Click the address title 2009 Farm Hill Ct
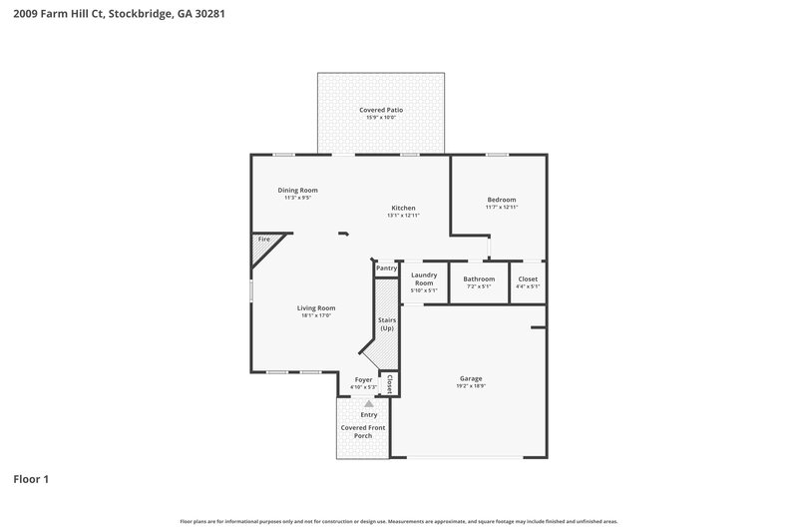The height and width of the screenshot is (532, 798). click(x=111, y=16)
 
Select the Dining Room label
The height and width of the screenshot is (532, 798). click(x=297, y=190)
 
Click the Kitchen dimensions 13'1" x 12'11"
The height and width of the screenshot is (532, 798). click(x=403, y=216)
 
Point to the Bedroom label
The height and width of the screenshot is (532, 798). click(x=501, y=200)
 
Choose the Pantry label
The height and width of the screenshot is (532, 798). click(x=387, y=268)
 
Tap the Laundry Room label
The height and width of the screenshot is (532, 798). click(x=424, y=278)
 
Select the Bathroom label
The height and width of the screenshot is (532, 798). click(x=479, y=278)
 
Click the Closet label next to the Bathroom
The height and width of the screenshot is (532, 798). click(x=528, y=278)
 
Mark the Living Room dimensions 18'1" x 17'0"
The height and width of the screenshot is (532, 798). click(x=315, y=315)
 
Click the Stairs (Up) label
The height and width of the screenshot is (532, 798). click(x=386, y=323)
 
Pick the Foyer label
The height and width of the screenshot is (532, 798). click(x=363, y=379)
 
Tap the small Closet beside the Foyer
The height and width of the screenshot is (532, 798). click(x=389, y=384)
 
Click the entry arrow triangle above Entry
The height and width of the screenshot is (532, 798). click(x=368, y=403)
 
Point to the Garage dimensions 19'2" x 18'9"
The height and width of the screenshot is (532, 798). click(x=471, y=386)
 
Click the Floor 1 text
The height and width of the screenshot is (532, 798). click(x=31, y=479)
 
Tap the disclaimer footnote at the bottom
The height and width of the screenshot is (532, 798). click(x=398, y=521)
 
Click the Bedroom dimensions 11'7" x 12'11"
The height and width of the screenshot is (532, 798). click(x=501, y=208)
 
